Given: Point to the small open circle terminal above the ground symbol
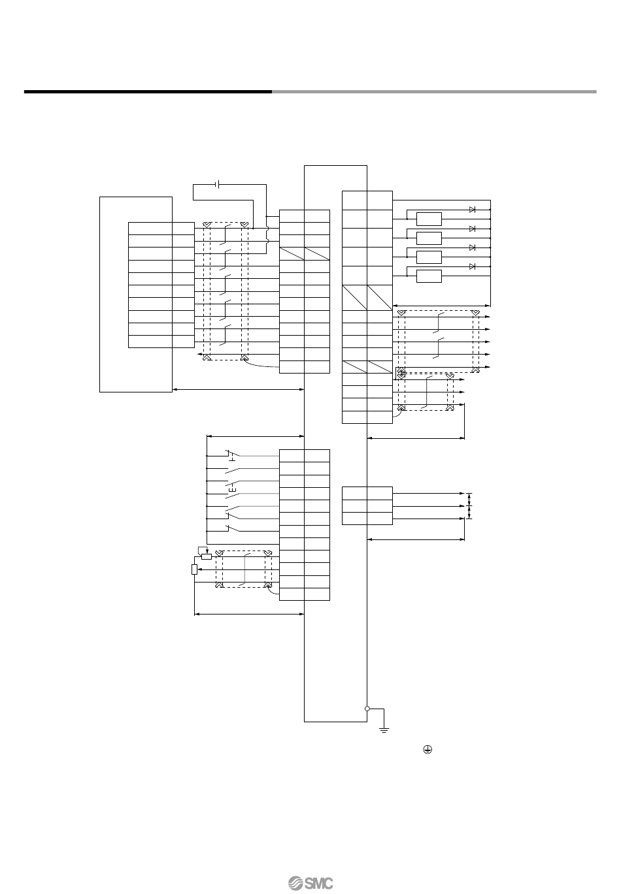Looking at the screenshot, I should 367,709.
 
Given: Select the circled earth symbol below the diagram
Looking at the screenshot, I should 427,752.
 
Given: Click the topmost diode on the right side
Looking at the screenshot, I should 472,210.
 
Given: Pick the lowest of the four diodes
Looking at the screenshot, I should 472,266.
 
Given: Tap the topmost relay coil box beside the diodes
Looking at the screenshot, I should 428,219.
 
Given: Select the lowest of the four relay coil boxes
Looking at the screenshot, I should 428,276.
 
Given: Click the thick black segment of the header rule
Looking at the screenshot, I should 148,91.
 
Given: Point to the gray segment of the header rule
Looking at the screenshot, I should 434,91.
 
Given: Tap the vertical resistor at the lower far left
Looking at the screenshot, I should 194,569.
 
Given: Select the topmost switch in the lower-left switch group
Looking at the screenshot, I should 233,455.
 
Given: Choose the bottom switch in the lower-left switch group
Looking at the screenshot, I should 233,530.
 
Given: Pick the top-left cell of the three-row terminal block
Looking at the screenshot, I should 355,493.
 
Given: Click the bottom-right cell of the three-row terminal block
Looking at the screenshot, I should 380,519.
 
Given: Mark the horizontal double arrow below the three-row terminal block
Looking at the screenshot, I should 416,539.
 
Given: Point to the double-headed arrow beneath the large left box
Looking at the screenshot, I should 239,390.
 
